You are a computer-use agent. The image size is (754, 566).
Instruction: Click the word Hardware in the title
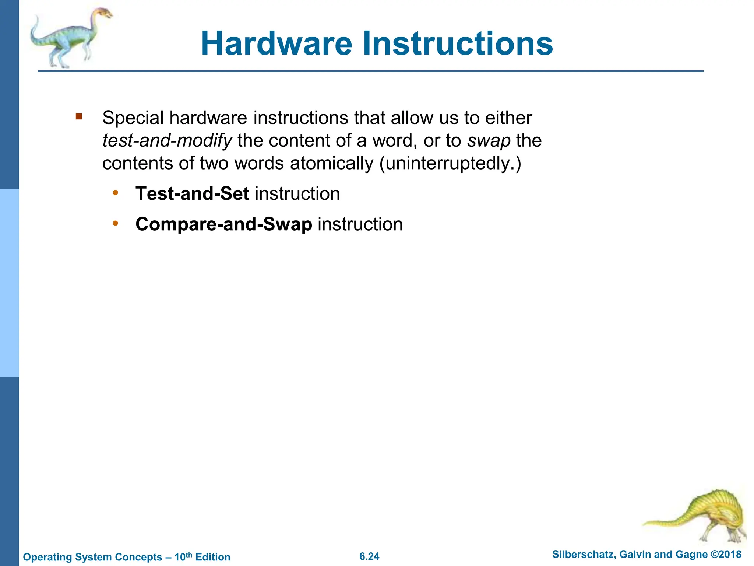[276, 43]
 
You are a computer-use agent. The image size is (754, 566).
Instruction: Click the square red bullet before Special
[78, 117]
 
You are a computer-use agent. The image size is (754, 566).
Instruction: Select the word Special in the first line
[133, 118]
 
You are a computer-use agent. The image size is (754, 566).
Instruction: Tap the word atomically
[331, 163]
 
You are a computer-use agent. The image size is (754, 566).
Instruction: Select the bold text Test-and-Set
[192, 193]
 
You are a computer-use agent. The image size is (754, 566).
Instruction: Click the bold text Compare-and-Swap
[223, 224]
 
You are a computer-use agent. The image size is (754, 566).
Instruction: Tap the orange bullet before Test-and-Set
[116, 193]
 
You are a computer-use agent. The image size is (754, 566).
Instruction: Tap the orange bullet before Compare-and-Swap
[116, 223]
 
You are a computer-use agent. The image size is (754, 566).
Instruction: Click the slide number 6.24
[369, 556]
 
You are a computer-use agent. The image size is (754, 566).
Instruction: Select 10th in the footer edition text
[183, 556]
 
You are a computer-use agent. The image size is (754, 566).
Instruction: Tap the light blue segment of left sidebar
[9, 283]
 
